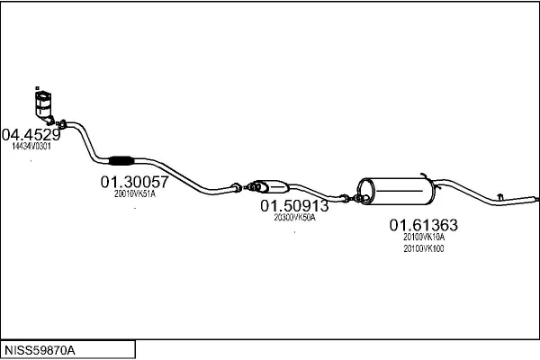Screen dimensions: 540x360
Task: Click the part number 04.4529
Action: click(x=31, y=134)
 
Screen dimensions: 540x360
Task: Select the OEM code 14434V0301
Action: click(x=31, y=146)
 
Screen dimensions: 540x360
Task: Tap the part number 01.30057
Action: click(x=135, y=182)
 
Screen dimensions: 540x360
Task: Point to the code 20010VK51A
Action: click(x=135, y=194)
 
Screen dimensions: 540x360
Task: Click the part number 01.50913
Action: click(x=294, y=206)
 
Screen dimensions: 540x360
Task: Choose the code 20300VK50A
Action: click(x=295, y=218)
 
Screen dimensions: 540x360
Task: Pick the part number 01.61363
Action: click(x=424, y=225)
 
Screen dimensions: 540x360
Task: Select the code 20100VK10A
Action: click(x=424, y=237)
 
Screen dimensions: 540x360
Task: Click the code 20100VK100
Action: click(x=424, y=248)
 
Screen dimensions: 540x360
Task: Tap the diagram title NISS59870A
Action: click(x=40, y=350)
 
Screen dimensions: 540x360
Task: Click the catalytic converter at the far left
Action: click(x=44, y=106)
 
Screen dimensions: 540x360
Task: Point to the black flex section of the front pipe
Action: click(x=121, y=160)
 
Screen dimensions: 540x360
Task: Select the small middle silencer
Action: click(x=270, y=186)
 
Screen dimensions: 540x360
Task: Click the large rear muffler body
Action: click(x=396, y=191)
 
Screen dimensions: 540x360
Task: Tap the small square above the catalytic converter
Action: click(x=37, y=88)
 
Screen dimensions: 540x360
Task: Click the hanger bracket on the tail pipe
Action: click(x=500, y=197)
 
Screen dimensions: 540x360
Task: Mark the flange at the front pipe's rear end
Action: click(x=237, y=187)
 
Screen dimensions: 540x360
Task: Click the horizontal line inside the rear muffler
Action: click(x=400, y=190)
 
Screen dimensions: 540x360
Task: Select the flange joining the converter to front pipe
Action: click(x=62, y=124)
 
